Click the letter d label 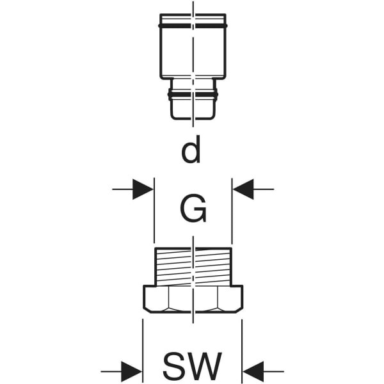191,151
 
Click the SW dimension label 192,367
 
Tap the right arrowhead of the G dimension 243,189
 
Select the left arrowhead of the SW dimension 132,371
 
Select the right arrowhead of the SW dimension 253,371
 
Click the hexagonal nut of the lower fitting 192,300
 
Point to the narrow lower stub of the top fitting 191,106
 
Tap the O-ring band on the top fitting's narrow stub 191,95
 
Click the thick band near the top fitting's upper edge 192,26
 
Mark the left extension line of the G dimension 154,211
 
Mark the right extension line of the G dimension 232,211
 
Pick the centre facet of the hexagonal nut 192,299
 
